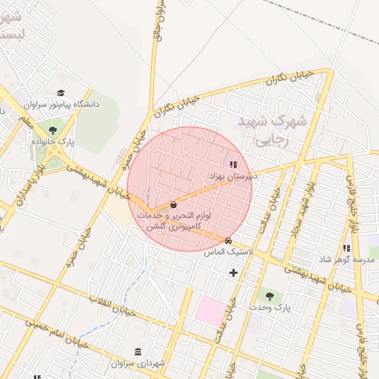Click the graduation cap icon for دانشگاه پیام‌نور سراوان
[x=61, y=93]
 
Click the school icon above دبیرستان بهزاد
[x=233, y=164]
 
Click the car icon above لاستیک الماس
[x=228, y=241]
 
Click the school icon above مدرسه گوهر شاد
[x=346, y=249]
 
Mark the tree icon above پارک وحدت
[x=269, y=295]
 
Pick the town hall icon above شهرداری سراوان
[x=138, y=352]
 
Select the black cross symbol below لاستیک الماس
[x=234, y=272]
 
